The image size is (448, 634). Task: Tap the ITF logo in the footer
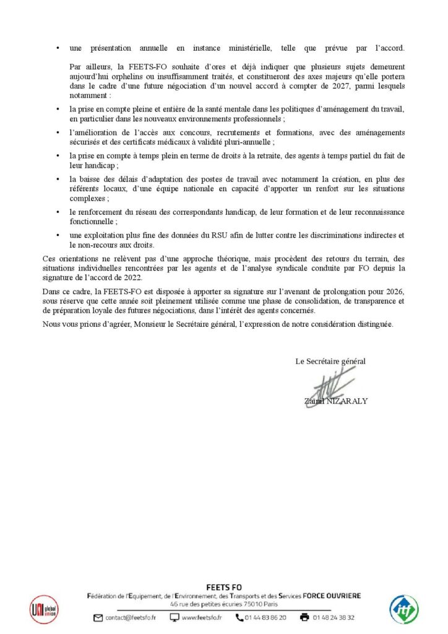coord(404,609)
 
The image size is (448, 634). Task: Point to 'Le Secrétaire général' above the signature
coord(330,361)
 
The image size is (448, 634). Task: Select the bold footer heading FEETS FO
coord(223,587)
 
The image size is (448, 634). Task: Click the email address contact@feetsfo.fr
coord(131,617)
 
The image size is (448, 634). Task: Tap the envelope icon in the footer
coord(98,617)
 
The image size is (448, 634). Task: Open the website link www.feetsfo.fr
coord(202,617)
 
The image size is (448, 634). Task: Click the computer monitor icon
coord(174,617)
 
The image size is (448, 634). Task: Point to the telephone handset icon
coord(239,617)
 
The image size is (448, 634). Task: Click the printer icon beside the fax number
coord(304,617)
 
